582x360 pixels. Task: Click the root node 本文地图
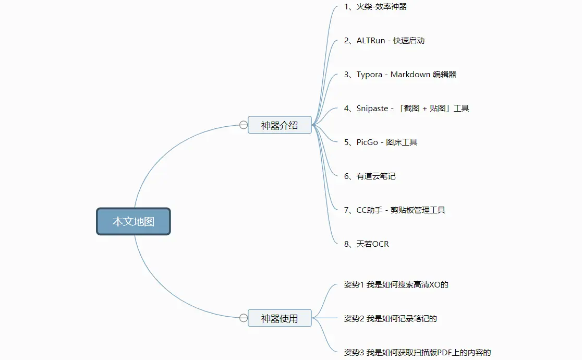click(x=134, y=221)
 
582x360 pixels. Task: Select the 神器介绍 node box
click(x=280, y=125)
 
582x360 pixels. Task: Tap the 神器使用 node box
click(x=280, y=318)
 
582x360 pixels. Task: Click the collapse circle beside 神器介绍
click(x=244, y=125)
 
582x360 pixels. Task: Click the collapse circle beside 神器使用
click(x=244, y=318)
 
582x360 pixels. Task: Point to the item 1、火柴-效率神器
click(x=375, y=7)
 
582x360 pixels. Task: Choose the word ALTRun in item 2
click(x=371, y=41)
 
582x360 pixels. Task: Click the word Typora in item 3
click(x=369, y=75)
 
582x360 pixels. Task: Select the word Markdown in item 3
click(x=410, y=75)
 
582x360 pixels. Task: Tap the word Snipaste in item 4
click(x=372, y=109)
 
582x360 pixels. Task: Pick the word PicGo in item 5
click(x=367, y=142)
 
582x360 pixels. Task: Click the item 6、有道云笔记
click(x=370, y=176)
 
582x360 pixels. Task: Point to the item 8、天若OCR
click(x=366, y=244)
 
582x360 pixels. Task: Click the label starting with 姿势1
click(x=396, y=285)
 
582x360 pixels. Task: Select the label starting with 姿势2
click(x=390, y=319)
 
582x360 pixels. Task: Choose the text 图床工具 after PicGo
click(x=402, y=142)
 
